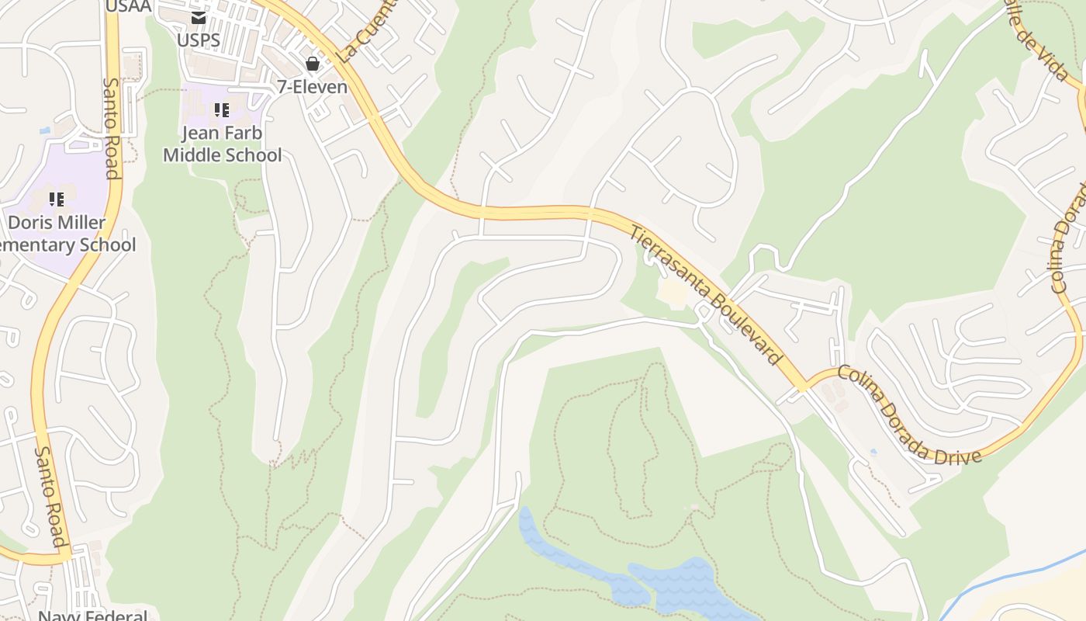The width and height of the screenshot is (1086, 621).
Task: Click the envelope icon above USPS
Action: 199,17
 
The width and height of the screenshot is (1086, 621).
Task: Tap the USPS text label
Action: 199,40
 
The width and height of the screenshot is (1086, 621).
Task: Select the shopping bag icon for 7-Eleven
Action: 313,64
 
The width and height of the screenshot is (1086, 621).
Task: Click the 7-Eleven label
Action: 313,86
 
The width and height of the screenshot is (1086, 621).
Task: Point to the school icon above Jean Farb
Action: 222,111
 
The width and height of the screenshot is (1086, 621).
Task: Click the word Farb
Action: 244,133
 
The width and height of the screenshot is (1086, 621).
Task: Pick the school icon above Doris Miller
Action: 56,200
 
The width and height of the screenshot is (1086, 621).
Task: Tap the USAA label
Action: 128,7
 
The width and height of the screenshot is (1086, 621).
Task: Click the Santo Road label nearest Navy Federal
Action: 48,495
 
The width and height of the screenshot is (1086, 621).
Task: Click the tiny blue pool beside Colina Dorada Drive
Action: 874,452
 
